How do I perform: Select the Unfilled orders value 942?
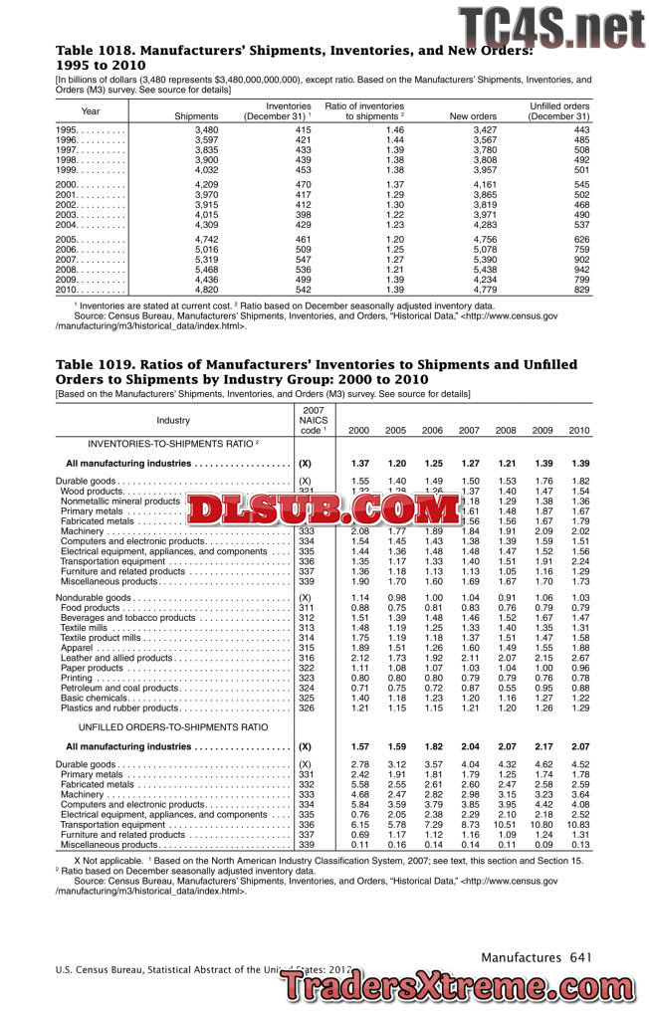[x=576, y=270]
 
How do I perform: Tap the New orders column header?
[x=473, y=116]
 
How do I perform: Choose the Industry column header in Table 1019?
[x=173, y=421]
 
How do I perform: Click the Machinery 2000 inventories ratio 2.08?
[x=360, y=531]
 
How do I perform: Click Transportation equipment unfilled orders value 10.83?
[x=577, y=825]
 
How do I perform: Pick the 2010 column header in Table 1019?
[x=578, y=431]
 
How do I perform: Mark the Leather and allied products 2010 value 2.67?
[x=578, y=658]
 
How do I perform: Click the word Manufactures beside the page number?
[x=521, y=957]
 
